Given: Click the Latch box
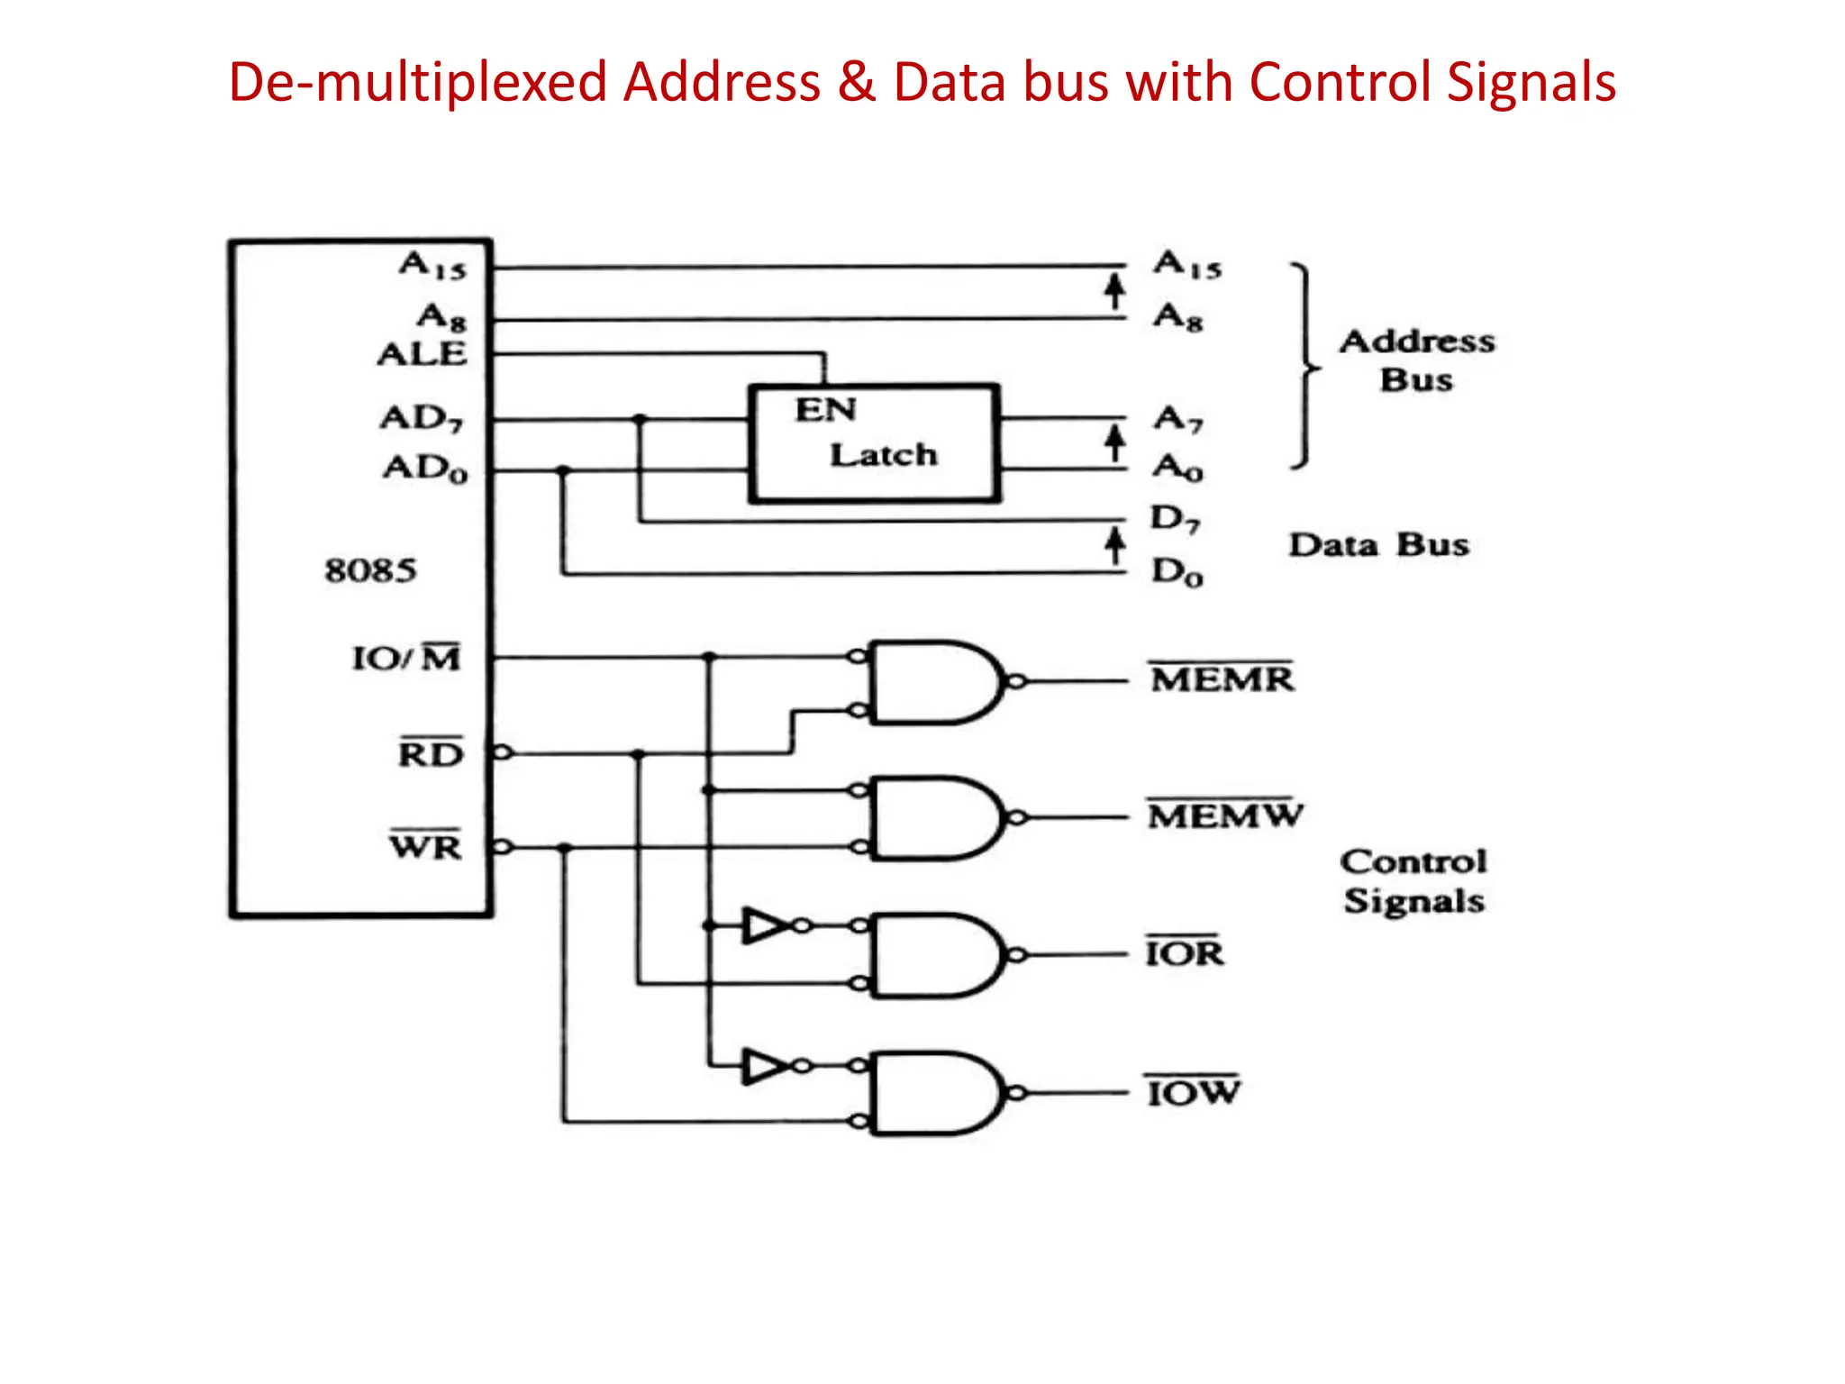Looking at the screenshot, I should [874, 443].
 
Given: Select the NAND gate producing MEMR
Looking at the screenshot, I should [932, 682].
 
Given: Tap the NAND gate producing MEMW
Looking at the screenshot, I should [932, 818].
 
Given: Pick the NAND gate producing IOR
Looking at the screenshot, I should [932, 955].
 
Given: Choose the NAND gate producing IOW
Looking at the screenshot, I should [932, 1093].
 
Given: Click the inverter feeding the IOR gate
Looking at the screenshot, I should [765, 925].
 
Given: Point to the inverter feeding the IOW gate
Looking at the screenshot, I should [765, 1066].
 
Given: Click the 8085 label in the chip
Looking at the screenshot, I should [370, 570].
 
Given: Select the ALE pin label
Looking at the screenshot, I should [422, 354].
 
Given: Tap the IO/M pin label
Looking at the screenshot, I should [406, 658].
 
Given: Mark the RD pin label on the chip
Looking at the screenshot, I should [431, 753].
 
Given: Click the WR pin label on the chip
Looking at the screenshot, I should [426, 846].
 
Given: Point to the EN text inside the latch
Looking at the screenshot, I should [824, 410].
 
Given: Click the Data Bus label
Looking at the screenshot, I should [1378, 545].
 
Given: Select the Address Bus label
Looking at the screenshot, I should [1417, 360].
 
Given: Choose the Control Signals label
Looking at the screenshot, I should [1413, 881].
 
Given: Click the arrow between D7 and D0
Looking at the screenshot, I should [1115, 546].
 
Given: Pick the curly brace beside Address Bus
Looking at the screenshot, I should [1304, 366].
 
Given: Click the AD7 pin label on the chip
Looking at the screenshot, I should [422, 418].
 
